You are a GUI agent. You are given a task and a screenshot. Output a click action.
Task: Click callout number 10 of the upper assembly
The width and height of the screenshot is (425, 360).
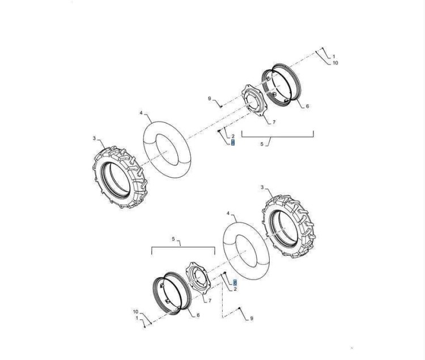tap(335, 63)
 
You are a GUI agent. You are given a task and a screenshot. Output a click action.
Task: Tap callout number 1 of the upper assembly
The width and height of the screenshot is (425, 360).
tap(334, 57)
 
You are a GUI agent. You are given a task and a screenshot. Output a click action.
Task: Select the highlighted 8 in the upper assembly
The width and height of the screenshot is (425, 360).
tap(233, 143)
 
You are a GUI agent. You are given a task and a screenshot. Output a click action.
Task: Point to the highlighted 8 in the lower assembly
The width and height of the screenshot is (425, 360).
tap(235, 283)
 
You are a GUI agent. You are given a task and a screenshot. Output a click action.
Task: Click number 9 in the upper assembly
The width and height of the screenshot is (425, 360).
tap(210, 99)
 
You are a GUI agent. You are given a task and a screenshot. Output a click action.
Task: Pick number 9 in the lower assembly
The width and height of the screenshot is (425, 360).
tap(252, 319)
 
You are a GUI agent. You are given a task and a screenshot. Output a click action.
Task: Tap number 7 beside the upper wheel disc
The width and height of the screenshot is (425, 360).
tap(274, 122)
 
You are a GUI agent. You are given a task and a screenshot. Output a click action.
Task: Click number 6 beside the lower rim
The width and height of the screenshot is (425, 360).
tap(198, 315)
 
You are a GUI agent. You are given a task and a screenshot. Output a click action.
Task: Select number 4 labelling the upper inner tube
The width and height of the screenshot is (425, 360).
tap(141, 112)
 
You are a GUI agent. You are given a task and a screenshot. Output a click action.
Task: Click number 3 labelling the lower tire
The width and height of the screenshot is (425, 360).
tap(262, 187)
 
